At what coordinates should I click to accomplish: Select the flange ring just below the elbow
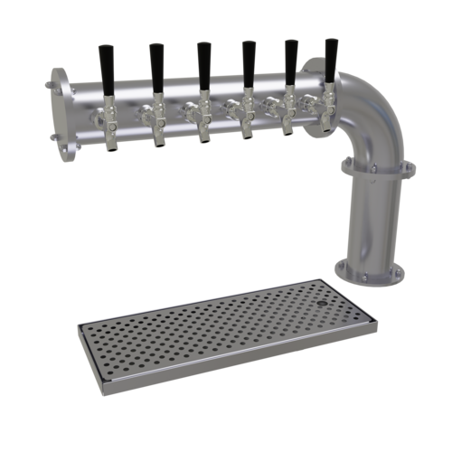[x=375, y=168]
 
